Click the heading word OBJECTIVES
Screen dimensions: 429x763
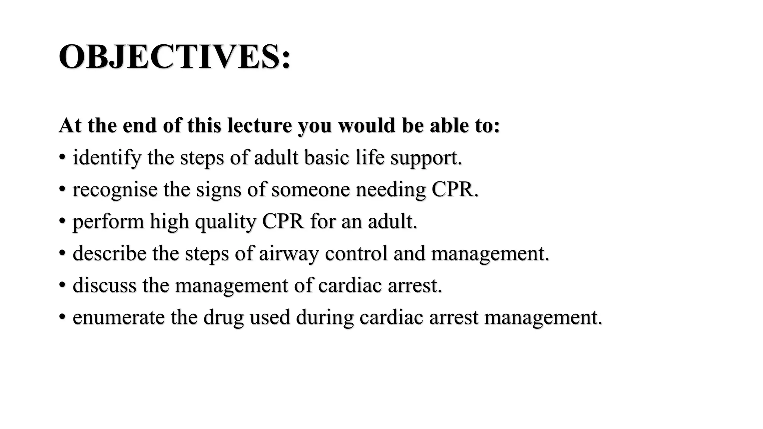click(174, 57)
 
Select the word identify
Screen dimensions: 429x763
click(107, 158)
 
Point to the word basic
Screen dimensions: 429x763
click(326, 157)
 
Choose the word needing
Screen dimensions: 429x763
click(390, 190)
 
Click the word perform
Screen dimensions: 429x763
click(108, 222)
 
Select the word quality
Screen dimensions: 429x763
click(225, 222)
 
